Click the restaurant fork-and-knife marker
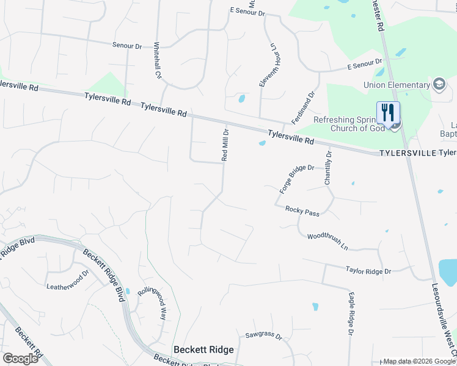tap(388, 112)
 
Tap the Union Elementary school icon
tap(439, 84)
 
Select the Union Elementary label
tap(396, 84)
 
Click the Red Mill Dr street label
tap(225, 145)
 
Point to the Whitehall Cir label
tap(157, 61)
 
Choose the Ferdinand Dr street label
tap(302, 108)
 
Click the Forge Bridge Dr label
tap(297, 178)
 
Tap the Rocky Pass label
tap(302, 211)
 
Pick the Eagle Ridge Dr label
tap(351, 314)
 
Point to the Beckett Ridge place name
tap(203, 350)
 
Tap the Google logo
tap(20, 358)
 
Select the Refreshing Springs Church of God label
tap(349, 124)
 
